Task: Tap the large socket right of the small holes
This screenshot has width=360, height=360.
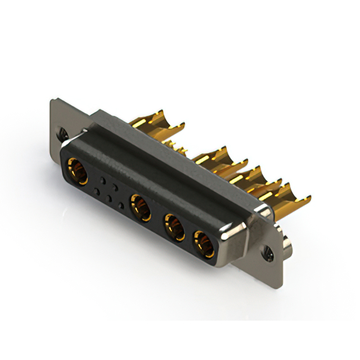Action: pyautogui.click(x=140, y=207)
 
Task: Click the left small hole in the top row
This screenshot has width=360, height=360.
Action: pyautogui.click(x=102, y=181)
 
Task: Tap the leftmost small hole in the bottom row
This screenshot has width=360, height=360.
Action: pyautogui.click(x=97, y=192)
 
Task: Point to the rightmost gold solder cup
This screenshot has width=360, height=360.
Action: pyautogui.click(x=292, y=196)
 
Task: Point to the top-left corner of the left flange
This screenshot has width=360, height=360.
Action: pyautogui.click(x=52, y=102)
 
